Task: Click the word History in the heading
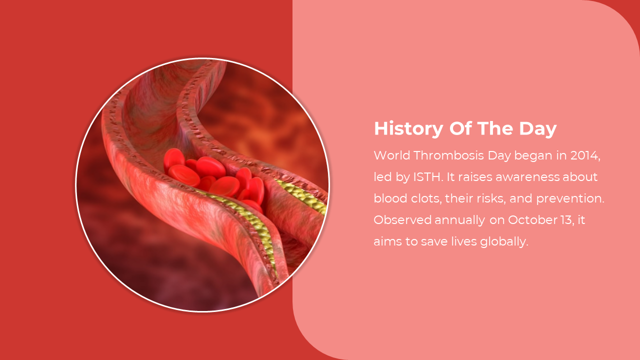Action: (408, 129)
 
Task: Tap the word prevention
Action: (570, 199)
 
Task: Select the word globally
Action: (504, 242)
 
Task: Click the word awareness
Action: (527, 177)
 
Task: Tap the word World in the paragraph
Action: (392, 155)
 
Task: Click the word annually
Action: (459, 220)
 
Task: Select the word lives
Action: (464, 241)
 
